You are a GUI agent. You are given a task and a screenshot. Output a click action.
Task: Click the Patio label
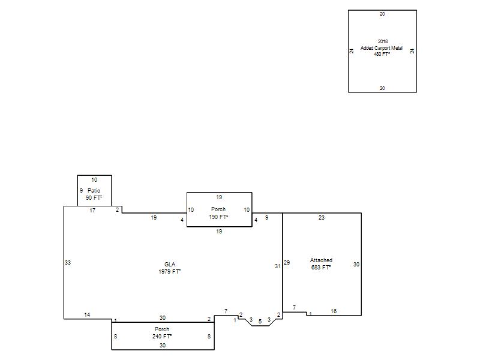(x=94, y=191)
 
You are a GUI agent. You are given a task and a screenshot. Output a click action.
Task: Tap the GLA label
(x=170, y=265)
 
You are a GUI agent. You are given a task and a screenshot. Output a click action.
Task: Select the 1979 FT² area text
(x=170, y=272)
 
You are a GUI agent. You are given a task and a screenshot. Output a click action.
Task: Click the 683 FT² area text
(x=321, y=267)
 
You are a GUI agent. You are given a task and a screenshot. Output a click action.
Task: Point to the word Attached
(x=321, y=260)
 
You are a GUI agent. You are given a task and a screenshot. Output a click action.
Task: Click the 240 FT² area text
(x=162, y=336)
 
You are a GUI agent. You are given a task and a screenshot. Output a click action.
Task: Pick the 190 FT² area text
(x=218, y=217)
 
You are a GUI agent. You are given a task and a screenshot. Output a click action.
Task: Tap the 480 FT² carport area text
(x=382, y=54)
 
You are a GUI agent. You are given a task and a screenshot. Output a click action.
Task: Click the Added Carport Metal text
(x=382, y=48)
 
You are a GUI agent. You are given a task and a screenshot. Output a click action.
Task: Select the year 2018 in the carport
(x=383, y=41)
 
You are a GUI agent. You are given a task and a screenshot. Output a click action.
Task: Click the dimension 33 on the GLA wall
(x=68, y=262)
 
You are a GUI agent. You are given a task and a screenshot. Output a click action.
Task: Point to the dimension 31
(x=277, y=266)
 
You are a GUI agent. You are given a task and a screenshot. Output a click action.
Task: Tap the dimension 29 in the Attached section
(x=287, y=262)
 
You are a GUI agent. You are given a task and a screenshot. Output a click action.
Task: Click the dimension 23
(x=322, y=218)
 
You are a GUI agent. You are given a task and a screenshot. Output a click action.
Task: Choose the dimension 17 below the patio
(x=92, y=211)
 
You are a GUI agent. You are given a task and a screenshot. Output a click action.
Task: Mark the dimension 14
(x=87, y=314)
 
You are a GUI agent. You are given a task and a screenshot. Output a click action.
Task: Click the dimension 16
(x=334, y=311)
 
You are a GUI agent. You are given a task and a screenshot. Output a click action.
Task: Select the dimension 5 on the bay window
(x=260, y=322)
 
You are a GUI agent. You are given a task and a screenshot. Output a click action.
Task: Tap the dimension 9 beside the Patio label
(x=81, y=191)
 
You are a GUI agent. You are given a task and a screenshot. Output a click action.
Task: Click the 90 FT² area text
(x=94, y=198)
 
